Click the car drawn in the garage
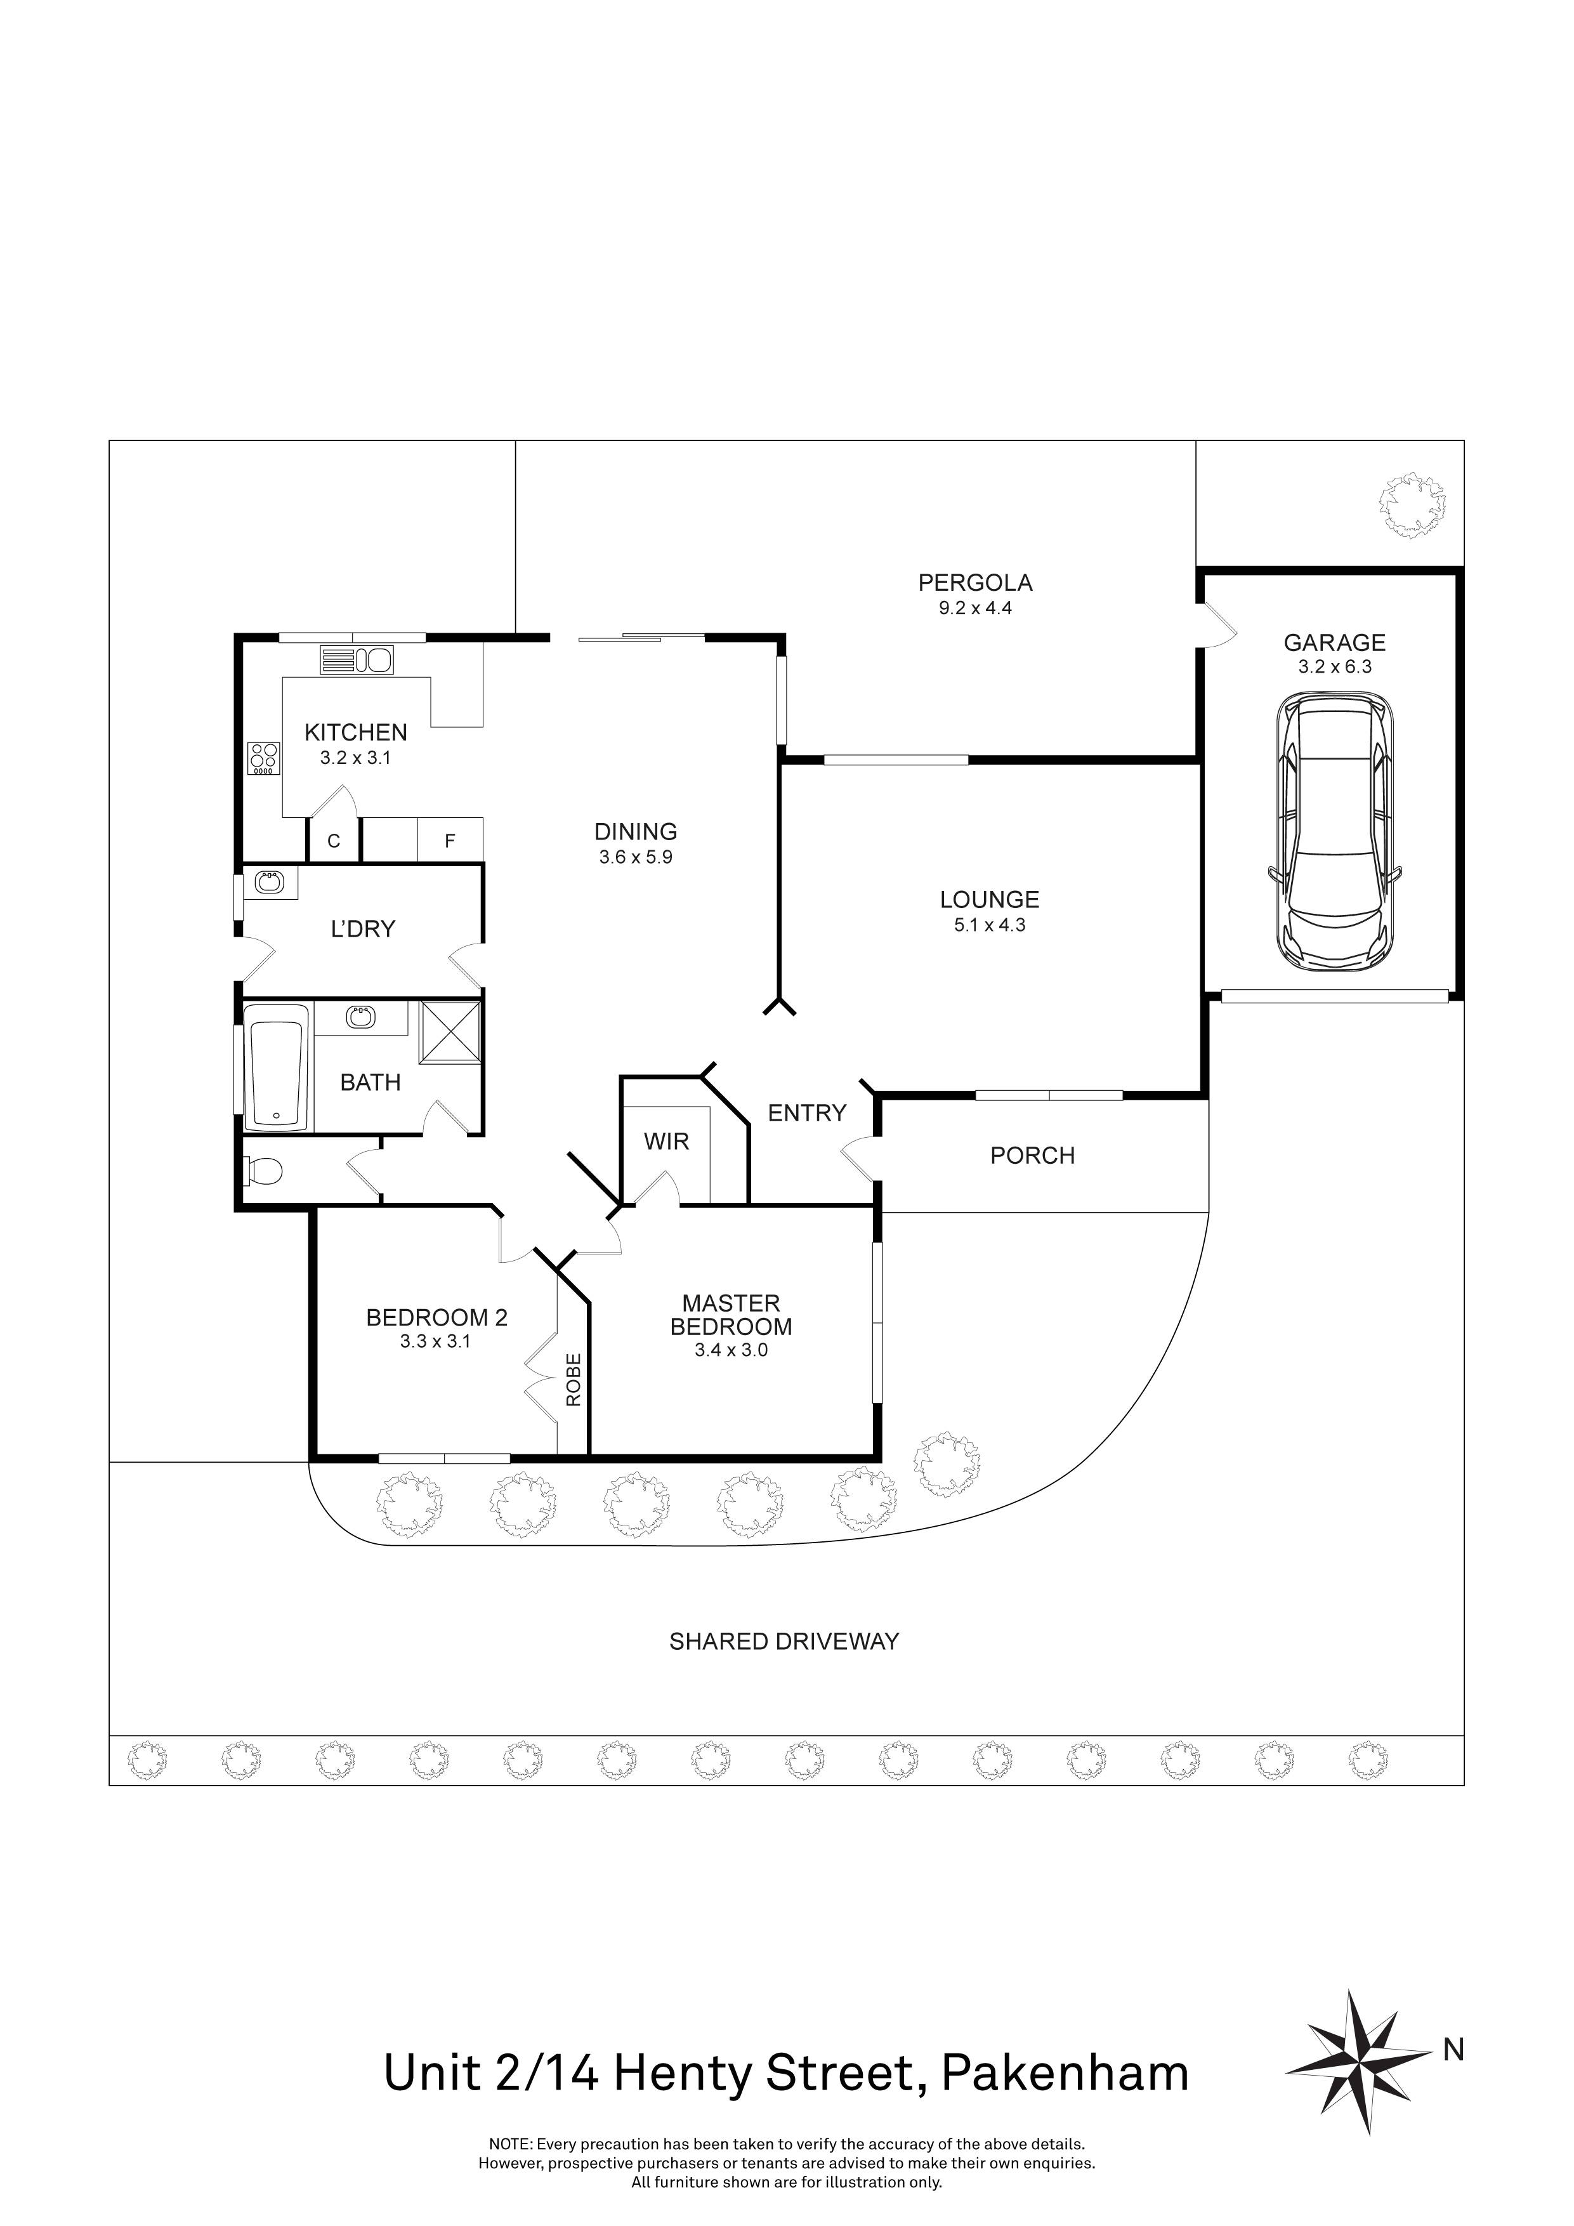[1333, 831]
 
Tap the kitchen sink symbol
[358, 660]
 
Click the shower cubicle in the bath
[450, 1034]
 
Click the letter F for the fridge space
[450, 841]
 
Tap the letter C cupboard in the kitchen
[334, 841]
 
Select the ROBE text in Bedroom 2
[573, 1380]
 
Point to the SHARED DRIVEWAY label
[784, 1642]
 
